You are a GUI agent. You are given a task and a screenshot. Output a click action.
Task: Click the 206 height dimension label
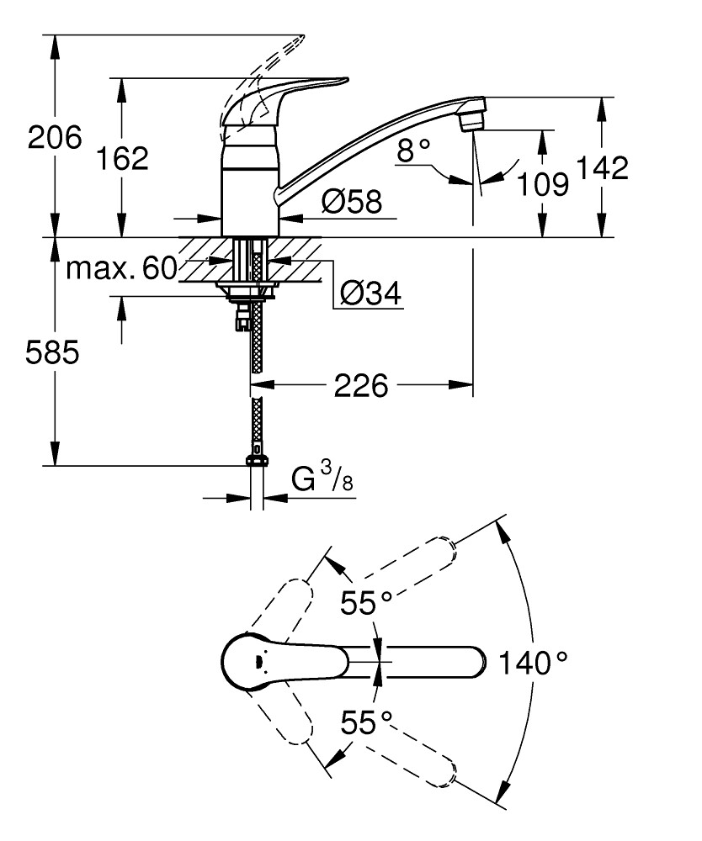pyautogui.click(x=55, y=136)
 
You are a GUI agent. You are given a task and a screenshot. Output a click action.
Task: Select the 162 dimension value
pyautogui.click(x=122, y=157)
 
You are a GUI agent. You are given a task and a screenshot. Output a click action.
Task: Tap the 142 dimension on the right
pyautogui.click(x=602, y=168)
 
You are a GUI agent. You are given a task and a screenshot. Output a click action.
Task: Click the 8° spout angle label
pyautogui.click(x=413, y=151)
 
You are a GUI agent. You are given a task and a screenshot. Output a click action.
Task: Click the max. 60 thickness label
pyautogui.click(x=121, y=268)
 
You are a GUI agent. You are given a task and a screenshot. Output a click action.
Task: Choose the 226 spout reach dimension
pyautogui.click(x=361, y=386)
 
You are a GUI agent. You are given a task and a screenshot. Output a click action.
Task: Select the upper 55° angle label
pyautogui.click(x=366, y=602)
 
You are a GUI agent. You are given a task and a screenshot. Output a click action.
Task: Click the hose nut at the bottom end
pyautogui.click(x=257, y=459)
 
